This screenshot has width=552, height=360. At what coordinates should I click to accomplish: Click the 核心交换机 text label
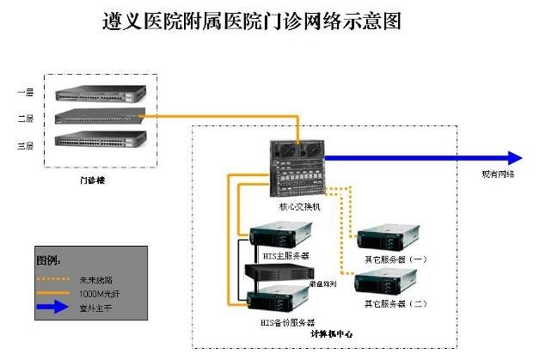(299, 206)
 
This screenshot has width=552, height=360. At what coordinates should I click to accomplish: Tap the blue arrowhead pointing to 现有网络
(514, 158)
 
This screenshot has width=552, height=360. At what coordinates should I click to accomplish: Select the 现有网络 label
(498, 174)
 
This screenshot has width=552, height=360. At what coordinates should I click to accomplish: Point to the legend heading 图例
(50, 259)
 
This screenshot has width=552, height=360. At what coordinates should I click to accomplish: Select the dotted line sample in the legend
(54, 279)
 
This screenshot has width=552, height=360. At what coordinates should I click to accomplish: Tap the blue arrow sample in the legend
(54, 308)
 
